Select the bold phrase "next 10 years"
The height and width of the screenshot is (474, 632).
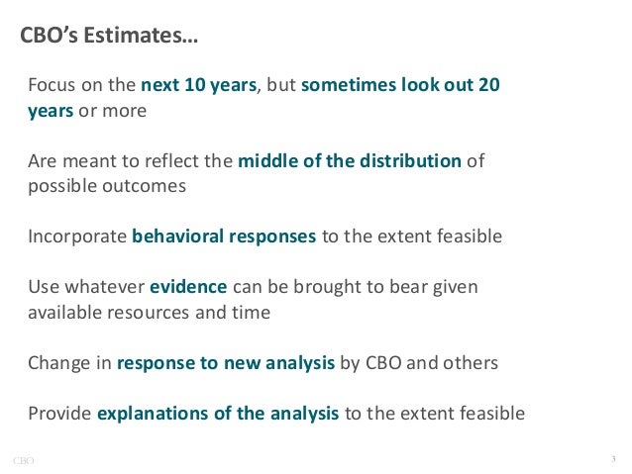click(199, 85)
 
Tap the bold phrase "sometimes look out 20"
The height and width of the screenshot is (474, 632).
click(400, 85)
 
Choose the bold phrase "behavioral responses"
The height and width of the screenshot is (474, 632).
click(224, 237)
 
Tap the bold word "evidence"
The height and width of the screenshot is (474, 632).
click(189, 288)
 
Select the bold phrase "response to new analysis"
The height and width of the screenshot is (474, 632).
click(226, 363)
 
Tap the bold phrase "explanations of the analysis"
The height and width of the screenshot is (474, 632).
click(218, 414)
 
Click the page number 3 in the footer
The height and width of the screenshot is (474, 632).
click(614, 458)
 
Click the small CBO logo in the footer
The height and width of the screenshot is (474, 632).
click(24, 459)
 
